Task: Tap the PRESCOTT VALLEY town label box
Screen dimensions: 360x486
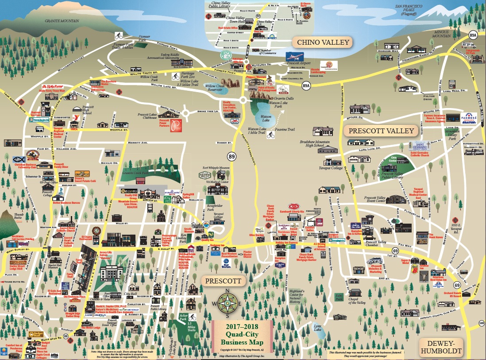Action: (x=381, y=131)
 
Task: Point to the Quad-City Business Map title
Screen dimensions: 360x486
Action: (x=242, y=334)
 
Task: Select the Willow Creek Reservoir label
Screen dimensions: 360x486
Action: (x=215, y=88)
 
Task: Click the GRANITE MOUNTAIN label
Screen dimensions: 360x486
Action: (x=62, y=21)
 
